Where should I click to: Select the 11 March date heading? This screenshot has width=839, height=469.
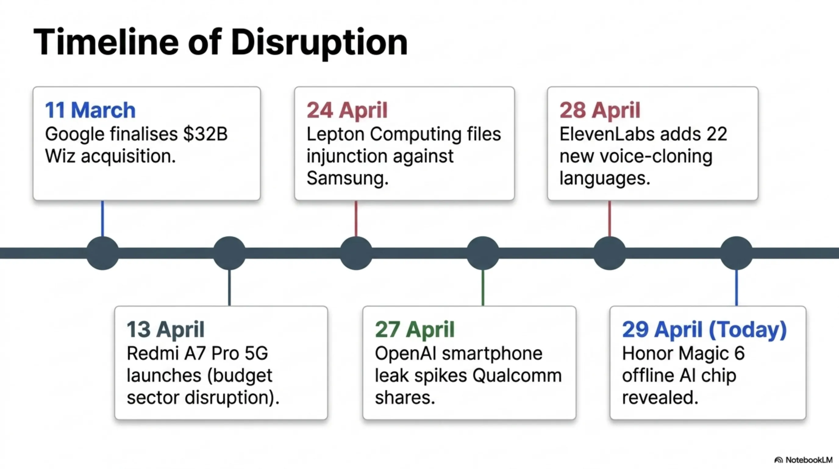(x=90, y=110)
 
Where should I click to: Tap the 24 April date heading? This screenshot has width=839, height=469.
(x=347, y=110)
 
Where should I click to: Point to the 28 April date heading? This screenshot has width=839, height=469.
(x=600, y=110)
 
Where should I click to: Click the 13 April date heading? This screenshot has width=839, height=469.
(x=166, y=329)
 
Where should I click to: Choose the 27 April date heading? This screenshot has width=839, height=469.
(x=415, y=329)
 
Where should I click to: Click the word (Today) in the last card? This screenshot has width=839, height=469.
(x=748, y=330)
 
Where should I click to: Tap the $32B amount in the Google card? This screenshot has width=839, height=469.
(x=205, y=134)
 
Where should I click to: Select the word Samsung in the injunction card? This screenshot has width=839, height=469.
(x=348, y=178)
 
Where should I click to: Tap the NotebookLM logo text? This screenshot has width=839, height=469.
(x=809, y=460)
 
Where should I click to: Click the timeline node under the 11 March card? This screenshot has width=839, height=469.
(x=103, y=253)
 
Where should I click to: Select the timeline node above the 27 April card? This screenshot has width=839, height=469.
(x=483, y=253)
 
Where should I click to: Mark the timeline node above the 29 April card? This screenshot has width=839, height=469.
(x=736, y=253)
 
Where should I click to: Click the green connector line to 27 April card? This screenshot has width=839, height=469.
(x=483, y=288)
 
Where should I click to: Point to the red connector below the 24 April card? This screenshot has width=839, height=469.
(x=356, y=218)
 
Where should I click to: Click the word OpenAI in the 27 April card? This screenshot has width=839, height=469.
(x=405, y=353)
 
